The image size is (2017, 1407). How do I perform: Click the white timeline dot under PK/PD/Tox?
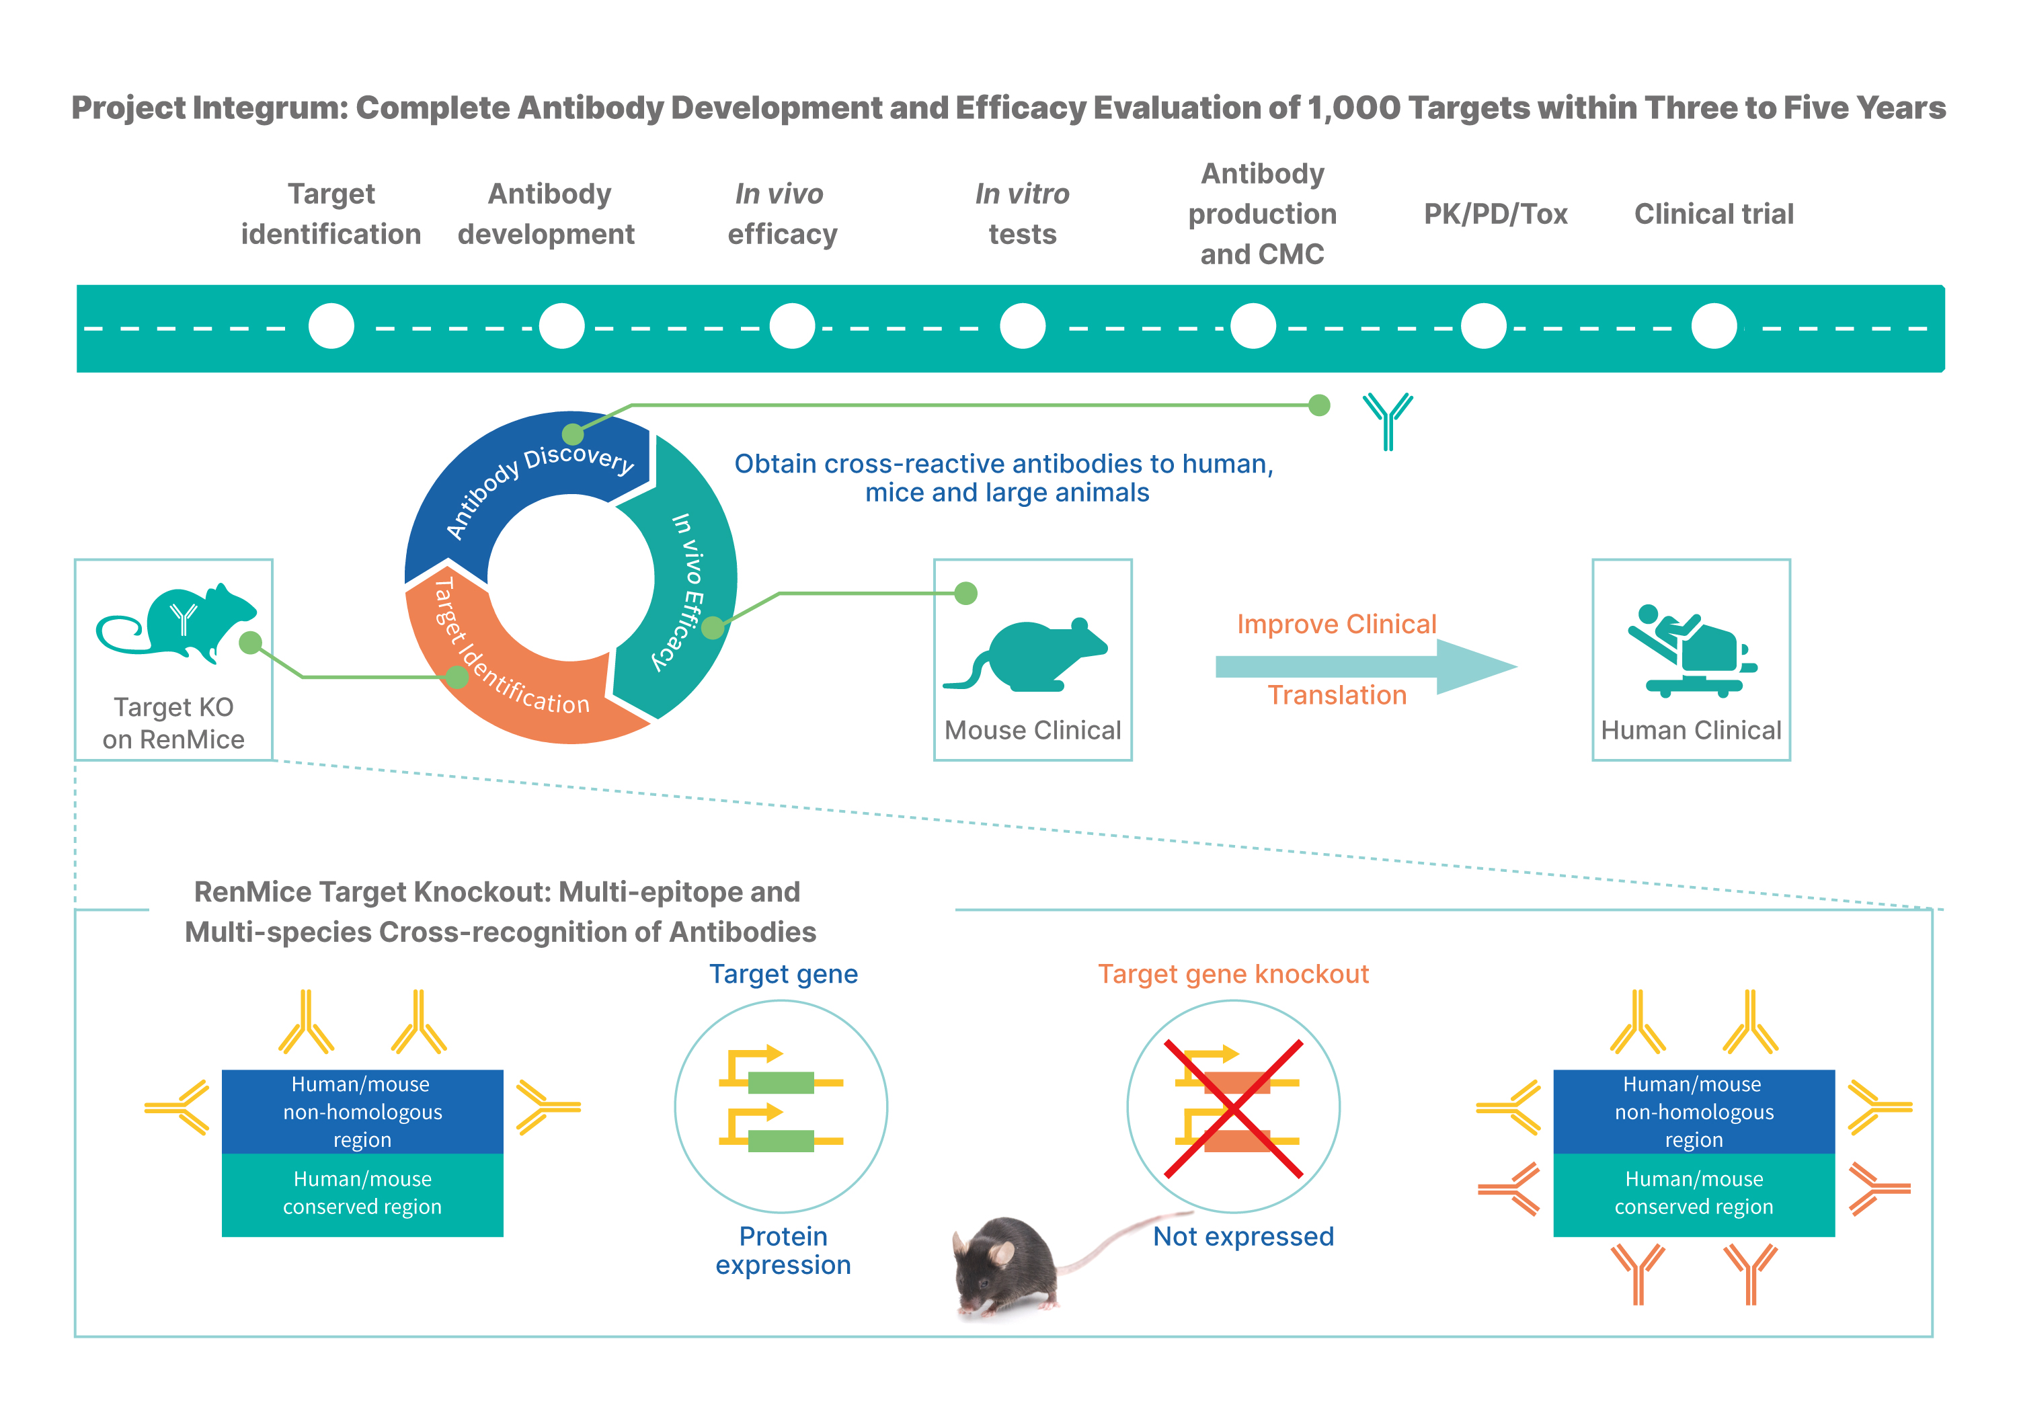[x=1483, y=326]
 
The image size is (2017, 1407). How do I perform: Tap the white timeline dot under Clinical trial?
[x=1714, y=326]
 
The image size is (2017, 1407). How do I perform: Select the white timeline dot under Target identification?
[x=331, y=326]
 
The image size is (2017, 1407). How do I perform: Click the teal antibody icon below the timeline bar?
[x=1388, y=421]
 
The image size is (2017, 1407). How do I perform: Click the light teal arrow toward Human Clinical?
[x=1366, y=667]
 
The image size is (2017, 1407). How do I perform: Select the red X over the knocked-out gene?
[x=1233, y=1109]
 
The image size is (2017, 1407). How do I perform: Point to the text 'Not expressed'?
[x=1243, y=1237]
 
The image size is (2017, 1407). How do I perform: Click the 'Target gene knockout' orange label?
[x=1233, y=974]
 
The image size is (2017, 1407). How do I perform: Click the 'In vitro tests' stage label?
[x=1023, y=213]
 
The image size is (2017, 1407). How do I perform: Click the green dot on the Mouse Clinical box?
[x=965, y=594]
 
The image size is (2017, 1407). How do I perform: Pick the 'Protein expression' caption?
[x=783, y=1250]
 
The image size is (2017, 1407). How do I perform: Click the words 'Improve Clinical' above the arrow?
[x=1336, y=624]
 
